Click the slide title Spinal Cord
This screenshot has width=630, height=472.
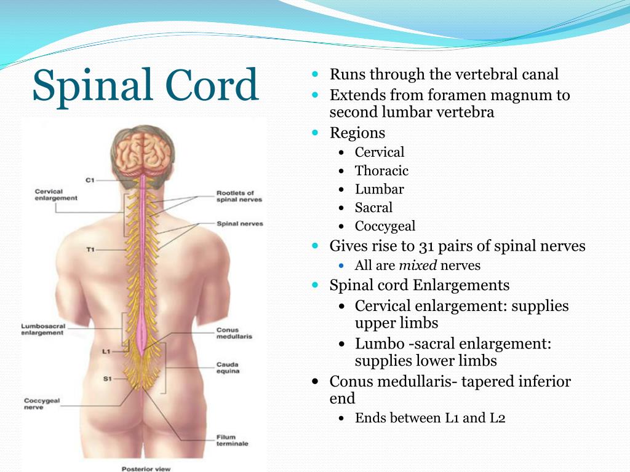click(145, 85)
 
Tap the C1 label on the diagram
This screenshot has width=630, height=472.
click(90, 180)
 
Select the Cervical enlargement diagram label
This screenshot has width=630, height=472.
click(56, 195)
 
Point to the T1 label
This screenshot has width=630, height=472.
click(90, 250)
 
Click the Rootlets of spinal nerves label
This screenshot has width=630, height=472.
click(239, 196)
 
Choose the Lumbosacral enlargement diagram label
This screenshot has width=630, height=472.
click(42, 329)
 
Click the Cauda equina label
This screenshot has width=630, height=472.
click(227, 368)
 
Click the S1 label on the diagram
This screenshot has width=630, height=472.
click(107, 379)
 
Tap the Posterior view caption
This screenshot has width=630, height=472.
click(146, 468)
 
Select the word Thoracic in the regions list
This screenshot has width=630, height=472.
click(381, 171)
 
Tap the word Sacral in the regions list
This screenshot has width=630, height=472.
click(373, 208)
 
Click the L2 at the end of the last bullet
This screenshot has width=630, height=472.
click(497, 418)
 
